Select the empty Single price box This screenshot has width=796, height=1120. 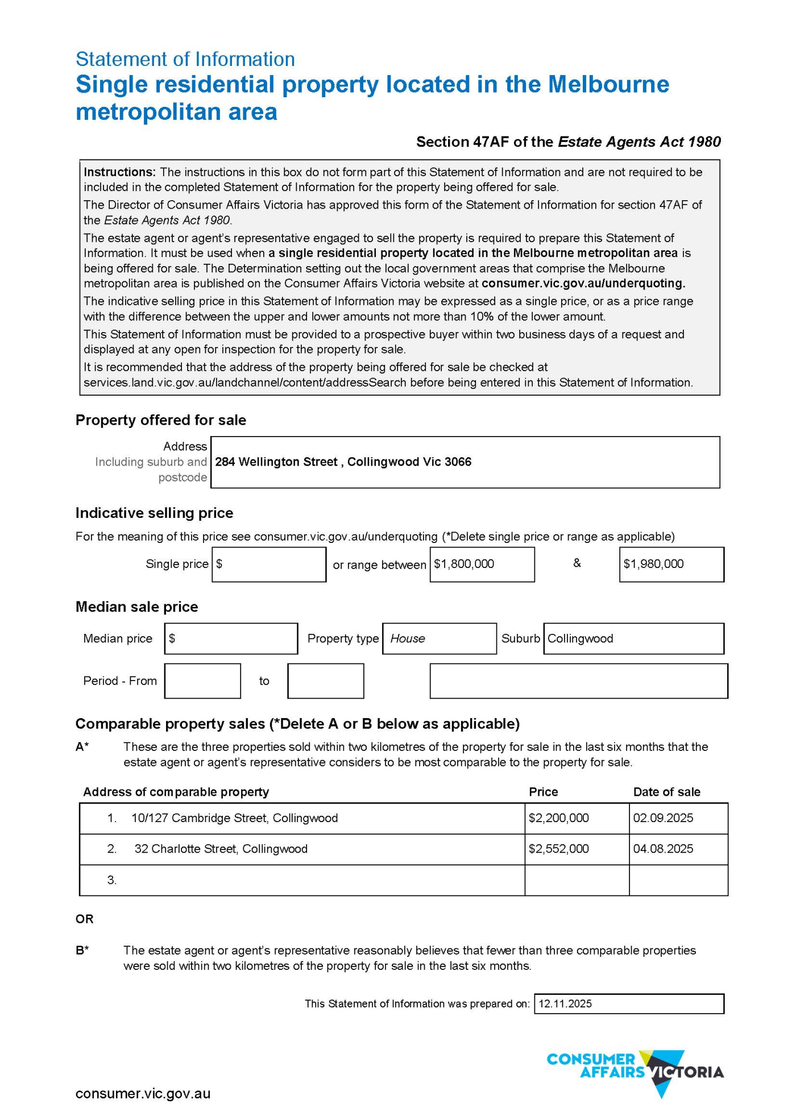[269, 564]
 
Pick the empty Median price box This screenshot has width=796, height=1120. [231, 638]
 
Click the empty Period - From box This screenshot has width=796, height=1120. [202, 681]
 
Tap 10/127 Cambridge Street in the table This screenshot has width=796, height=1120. [234, 818]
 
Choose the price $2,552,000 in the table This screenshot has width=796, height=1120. [558, 849]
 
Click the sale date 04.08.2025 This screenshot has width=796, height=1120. [663, 849]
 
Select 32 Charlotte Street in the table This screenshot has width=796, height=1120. [221, 849]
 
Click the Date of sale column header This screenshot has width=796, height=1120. [666, 792]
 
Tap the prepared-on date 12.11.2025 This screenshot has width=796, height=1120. [565, 1003]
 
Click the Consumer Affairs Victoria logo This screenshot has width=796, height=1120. [635, 1072]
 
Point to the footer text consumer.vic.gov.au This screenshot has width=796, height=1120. [143, 1093]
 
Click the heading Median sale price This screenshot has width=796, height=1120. [136, 607]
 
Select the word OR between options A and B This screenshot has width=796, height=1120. [85, 919]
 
